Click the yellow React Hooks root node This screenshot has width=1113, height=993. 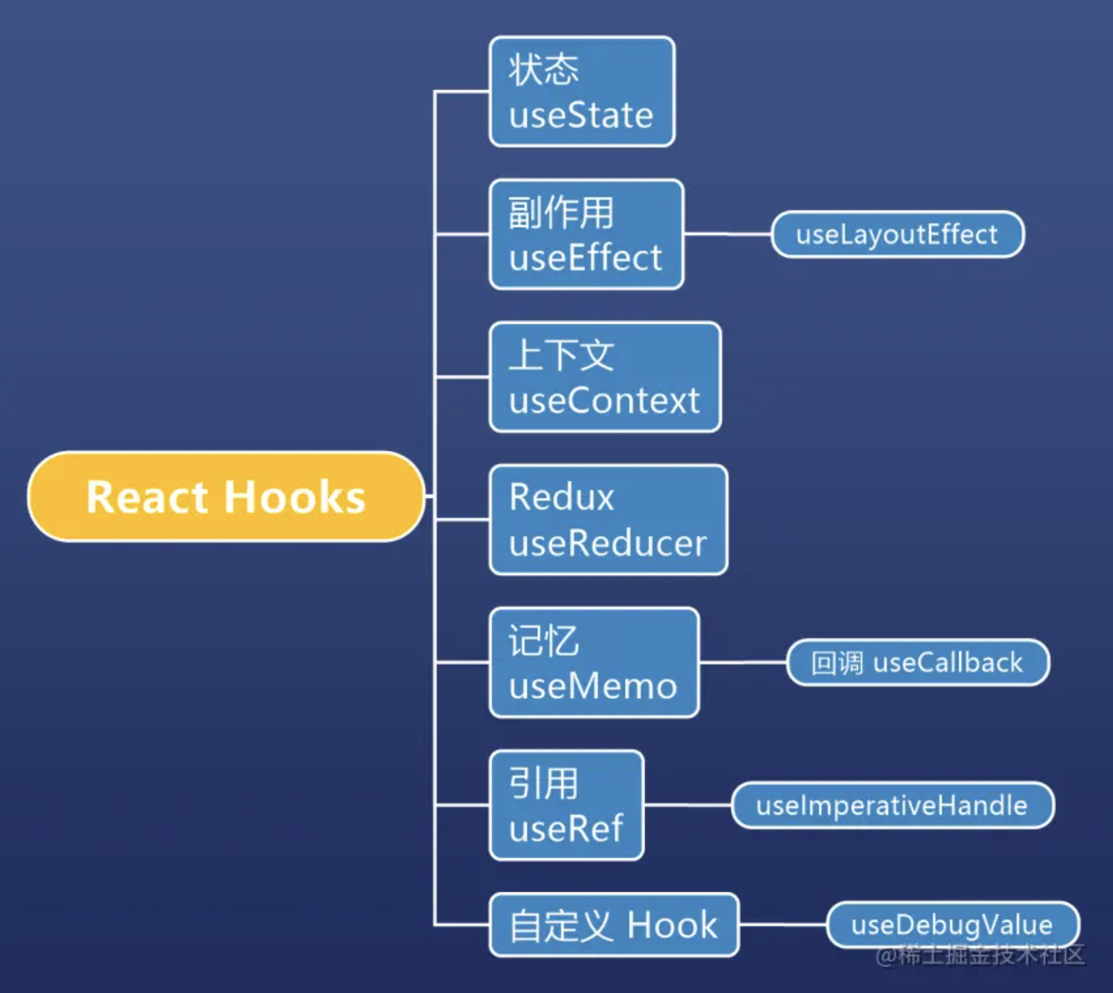[226, 496]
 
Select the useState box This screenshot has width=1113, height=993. [582, 92]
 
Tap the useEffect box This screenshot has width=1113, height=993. [586, 234]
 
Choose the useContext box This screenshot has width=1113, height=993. [605, 377]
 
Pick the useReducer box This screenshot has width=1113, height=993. [608, 519]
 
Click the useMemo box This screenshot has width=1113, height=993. [593, 663]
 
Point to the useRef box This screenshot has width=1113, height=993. [566, 805]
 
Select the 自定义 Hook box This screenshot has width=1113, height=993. [613, 925]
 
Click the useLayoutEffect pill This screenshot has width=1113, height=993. [897, 234]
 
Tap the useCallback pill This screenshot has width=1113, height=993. [917, 663]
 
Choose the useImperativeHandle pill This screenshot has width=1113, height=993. [892, 805]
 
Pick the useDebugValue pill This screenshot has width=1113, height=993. [952, 924]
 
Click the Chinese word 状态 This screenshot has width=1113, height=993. [544, 70]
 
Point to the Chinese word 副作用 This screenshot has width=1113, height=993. [561, 213]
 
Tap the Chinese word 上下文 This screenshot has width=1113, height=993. [561, 355]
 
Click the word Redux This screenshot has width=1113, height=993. [562, 497]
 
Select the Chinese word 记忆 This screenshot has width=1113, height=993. [544, 641]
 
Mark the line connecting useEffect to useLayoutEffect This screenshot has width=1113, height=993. [727, 234]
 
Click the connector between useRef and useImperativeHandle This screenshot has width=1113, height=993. [687, 805]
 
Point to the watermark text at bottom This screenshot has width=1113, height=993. [980, 955]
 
